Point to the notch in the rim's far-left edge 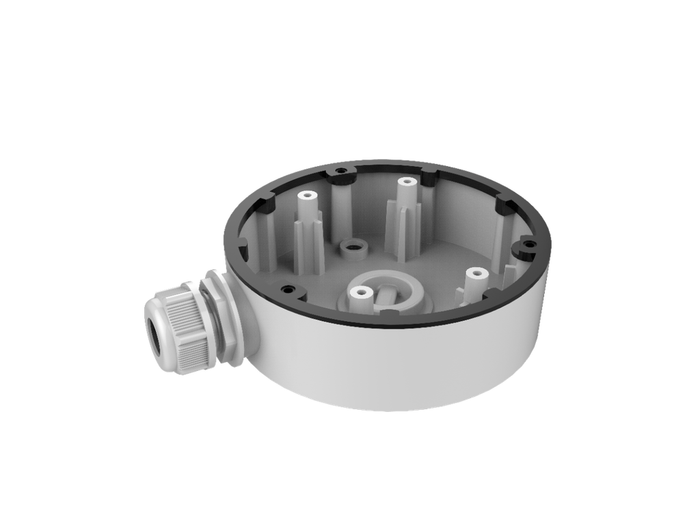click(245, 241)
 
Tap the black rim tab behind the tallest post click(429, 177)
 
